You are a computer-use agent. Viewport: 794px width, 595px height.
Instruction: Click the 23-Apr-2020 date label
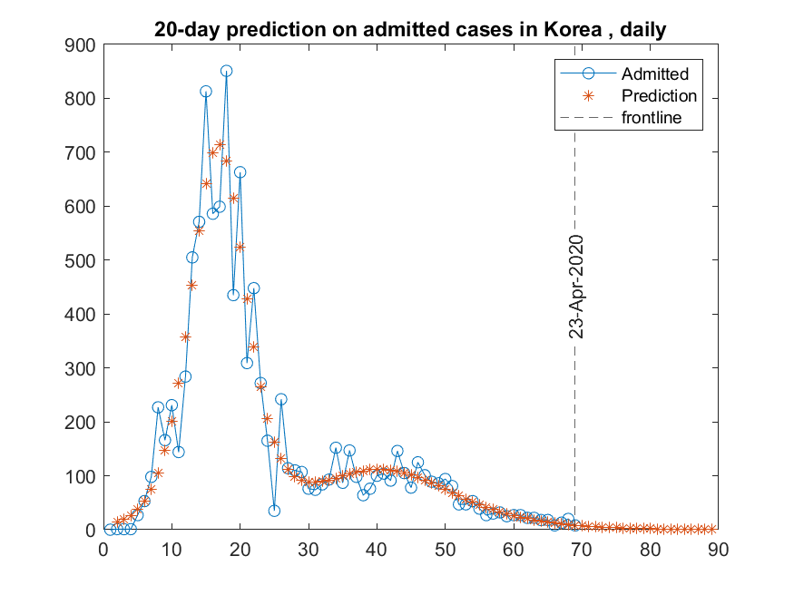coord(575,287)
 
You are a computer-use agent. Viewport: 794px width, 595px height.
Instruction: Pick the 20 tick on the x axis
coord(240,550)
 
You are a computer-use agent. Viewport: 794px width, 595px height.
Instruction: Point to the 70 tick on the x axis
coord(582,550)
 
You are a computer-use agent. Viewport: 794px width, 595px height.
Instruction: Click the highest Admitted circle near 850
coord(227,71)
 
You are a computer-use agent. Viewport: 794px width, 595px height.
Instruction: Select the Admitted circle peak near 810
coord(206,92)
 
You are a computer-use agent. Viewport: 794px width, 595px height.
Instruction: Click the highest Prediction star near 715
coord(220,144)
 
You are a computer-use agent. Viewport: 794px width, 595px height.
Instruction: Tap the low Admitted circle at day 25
coord(274,511)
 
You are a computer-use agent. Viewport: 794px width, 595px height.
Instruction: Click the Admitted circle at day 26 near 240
coord(281,399)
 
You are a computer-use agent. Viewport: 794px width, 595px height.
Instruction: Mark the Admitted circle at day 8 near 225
coord(158,407)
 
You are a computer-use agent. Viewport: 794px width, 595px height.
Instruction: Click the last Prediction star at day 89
coord(711,529)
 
